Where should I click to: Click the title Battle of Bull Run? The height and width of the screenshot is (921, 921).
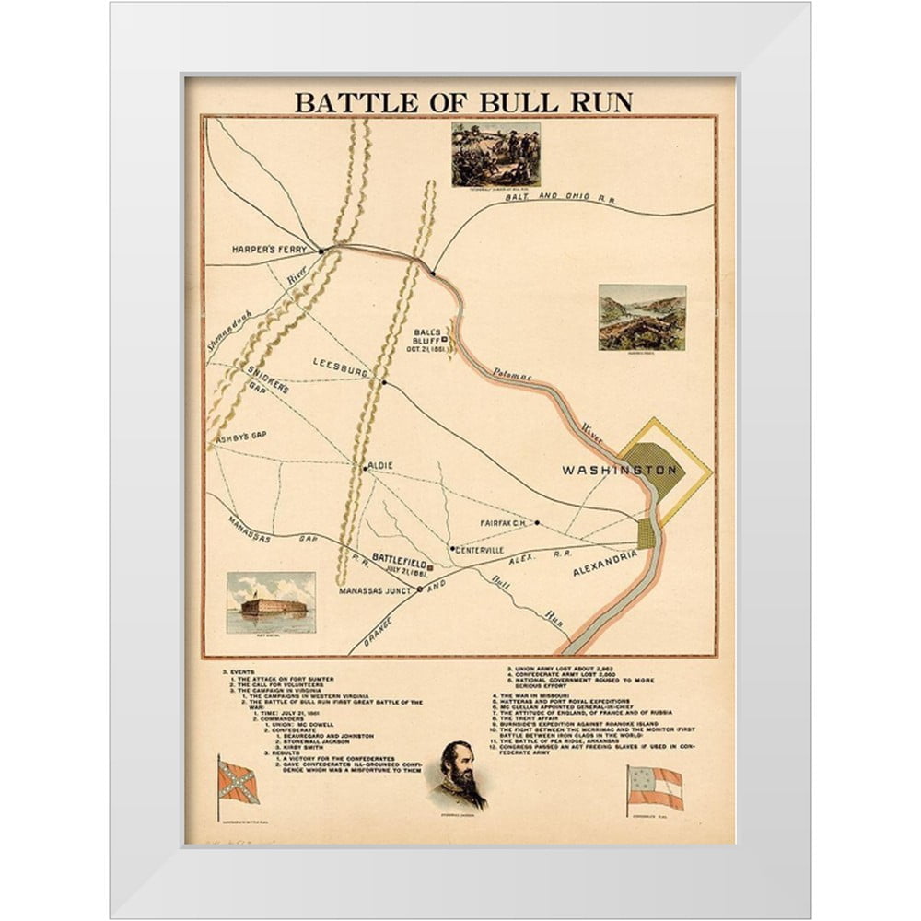(x=463, y=101)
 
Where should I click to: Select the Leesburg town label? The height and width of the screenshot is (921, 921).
(x=341, y=363)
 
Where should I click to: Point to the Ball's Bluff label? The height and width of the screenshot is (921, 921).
(x=428, y=340)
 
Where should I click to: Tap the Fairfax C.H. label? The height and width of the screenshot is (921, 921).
(x=501, y=523)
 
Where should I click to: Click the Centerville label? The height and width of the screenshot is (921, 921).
(x=480, y=550)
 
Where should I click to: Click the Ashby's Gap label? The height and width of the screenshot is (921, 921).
(x=239, y=440)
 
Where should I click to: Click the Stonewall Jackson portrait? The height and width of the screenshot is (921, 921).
(x=457, y=775)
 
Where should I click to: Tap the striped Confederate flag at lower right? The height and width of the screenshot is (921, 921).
(x=654, y=788)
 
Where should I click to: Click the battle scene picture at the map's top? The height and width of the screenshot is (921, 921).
(x=495, y=153)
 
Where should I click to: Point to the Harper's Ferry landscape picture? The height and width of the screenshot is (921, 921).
(x=642, y=317)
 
